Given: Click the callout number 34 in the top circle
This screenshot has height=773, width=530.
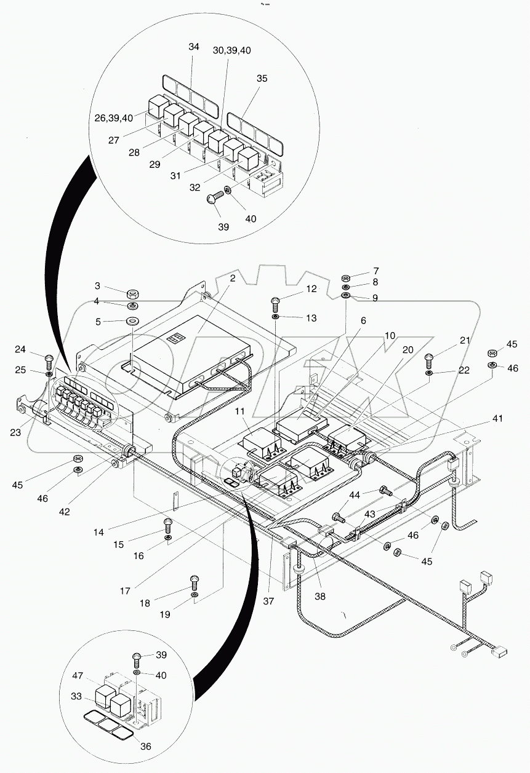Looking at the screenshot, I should [194, 47].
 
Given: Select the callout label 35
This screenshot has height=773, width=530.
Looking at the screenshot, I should [262, 79].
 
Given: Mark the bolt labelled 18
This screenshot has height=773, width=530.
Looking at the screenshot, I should [195, 579].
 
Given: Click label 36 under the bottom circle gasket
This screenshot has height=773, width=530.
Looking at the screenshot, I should [146, 747].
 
